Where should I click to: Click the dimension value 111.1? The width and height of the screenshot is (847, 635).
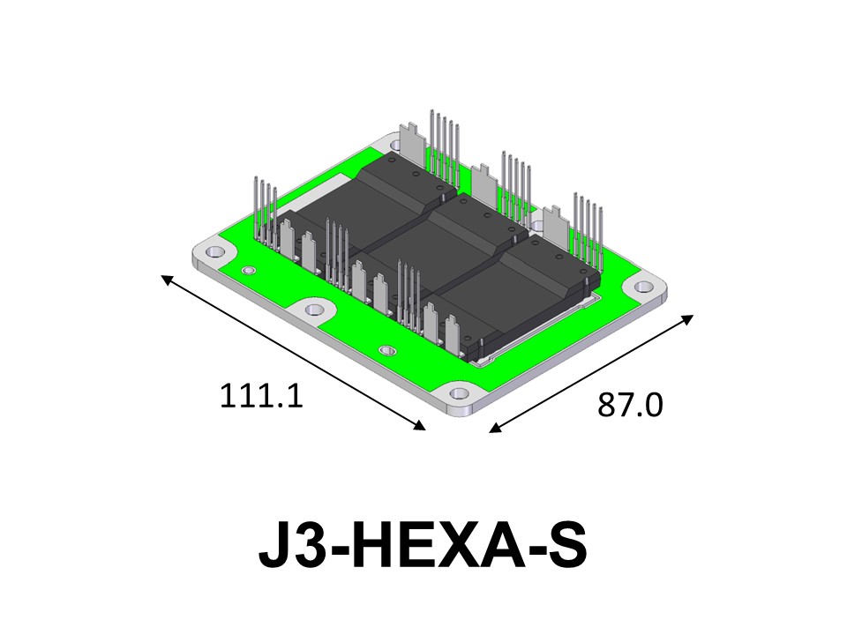coord(261,396)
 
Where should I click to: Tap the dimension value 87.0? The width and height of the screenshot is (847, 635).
coord(630,405)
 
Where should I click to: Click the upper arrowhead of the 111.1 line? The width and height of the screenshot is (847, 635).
coord(168,280)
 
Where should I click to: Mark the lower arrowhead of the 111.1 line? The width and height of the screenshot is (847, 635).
coord(419,425)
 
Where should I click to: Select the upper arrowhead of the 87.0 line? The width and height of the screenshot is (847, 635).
coord(687,319)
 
